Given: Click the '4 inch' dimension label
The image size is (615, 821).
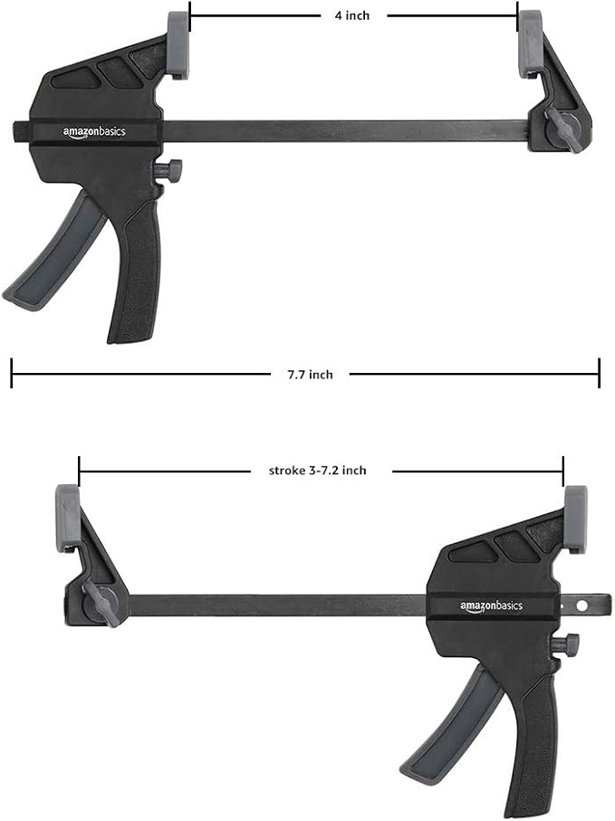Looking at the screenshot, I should click(x=353, y=15).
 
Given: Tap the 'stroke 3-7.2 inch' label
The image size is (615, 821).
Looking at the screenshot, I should click(x=318, y=471).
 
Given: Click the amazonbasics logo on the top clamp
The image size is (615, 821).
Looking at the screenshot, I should click(x=94, y=132).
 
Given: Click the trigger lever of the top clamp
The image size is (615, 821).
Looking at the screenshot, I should click(x=54, y=254).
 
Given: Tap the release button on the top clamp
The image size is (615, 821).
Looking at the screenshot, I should click(x=169, y=169).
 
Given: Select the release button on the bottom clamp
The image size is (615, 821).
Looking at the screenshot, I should click(x=567, y=645).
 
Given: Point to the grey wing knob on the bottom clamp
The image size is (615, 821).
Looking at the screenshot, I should click(x=102, y=605).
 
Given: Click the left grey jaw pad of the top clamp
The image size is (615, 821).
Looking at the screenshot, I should click(x=178, y=44).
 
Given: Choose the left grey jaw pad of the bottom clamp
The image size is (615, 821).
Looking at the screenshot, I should click(x=68, y=517).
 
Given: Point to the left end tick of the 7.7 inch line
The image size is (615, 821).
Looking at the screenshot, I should click(x=12, y=373).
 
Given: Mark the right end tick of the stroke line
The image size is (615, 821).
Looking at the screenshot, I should click(x=563, y=471).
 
